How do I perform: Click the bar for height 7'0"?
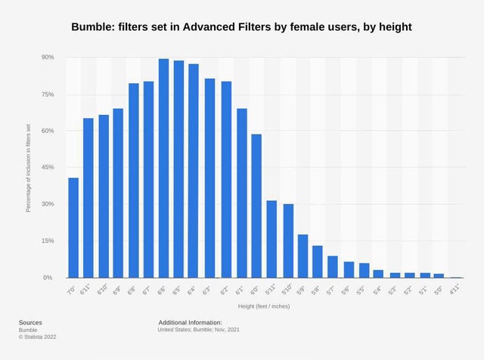pos(73,228)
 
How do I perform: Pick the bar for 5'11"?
pos(271,239)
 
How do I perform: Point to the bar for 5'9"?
pos(302,256)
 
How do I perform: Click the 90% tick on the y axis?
pos(47,57)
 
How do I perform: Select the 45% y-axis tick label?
pos(47,167)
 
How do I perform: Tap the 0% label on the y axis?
pos(48,278)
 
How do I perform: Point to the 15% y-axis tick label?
pos(47,241)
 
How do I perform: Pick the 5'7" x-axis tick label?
pos(333,289)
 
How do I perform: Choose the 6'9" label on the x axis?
pos(117,289)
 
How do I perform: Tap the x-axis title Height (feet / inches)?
pos(263,306)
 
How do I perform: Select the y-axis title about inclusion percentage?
pos(29,168)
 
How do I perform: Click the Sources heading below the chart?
pos(30,322)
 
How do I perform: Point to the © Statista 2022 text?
pos(37,337)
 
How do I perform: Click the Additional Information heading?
pos(190,322)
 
